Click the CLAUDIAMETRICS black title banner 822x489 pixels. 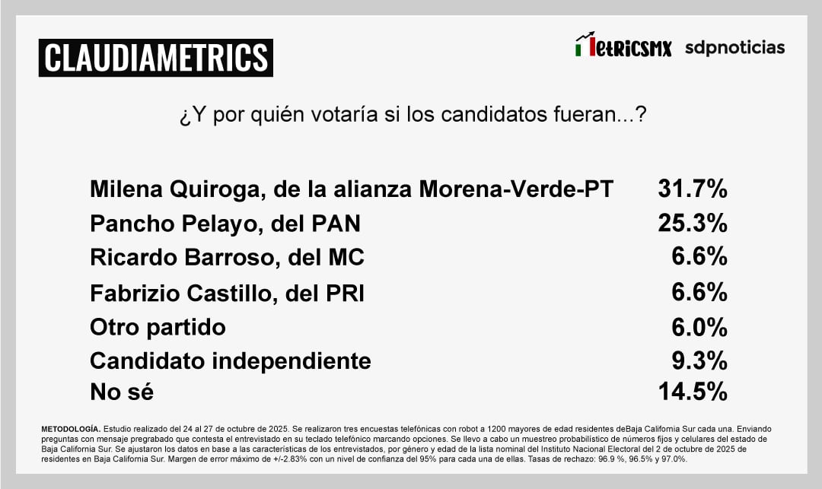click(x=155, y=57)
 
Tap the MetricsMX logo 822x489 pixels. click(x=623, y=47)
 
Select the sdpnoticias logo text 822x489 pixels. click(x=734, y=47)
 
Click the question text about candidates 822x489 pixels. click(x=413, y=116)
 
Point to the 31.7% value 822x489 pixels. click(x=692, y=189)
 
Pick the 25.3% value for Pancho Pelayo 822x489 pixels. click(x=692, y=224)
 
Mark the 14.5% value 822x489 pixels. click(x=692, y=392)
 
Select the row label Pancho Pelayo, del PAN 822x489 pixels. click(x=225, y=224)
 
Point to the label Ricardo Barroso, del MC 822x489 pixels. click(x=227, y=258)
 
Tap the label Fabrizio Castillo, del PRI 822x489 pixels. click(x=227, y=293)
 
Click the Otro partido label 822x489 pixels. click(x=158, y=327)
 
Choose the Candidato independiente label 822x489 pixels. click(x=230, y=360)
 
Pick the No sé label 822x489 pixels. click(x=122, y=392)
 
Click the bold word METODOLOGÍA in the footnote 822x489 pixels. click(x=70, y=430)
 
